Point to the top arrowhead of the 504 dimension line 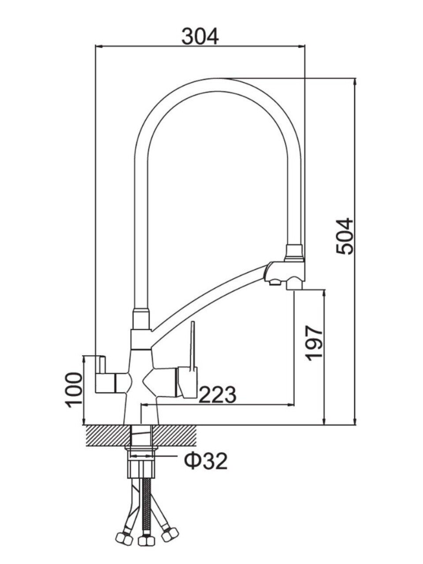[355, 82]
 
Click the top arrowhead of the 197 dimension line [325, 293]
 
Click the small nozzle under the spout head [274, 282]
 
